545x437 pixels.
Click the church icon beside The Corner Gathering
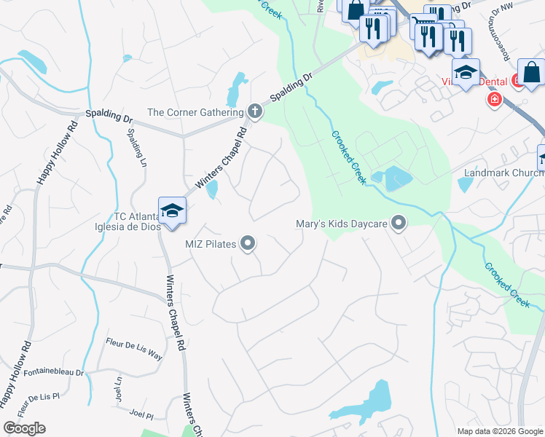coord(254,111)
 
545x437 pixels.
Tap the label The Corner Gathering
coord(195,112)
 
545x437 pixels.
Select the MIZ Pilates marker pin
coord(248,244)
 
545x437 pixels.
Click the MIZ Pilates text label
coord(210,244)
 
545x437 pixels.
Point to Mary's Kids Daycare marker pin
coord(399,223)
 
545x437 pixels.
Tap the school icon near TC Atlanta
coord(172,211)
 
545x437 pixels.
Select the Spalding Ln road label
coord(138,149)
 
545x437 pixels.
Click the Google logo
coord(24,428)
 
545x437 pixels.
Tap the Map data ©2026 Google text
coord(501,431)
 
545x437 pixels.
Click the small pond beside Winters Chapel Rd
coord(211,189)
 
